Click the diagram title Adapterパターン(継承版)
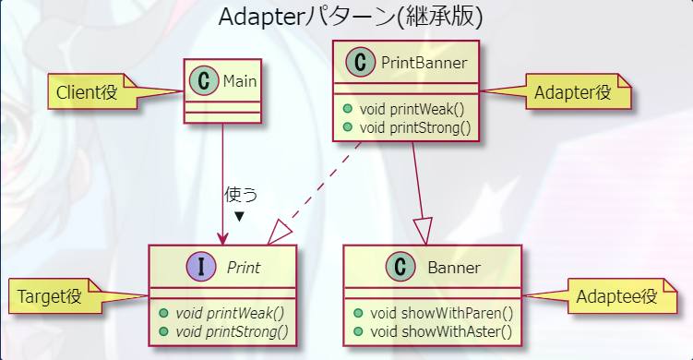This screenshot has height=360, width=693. coord(351,18)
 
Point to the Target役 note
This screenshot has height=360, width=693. coord(49,297)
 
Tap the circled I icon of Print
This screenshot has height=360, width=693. coord(201,268)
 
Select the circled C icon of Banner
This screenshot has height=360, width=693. coord(400,268)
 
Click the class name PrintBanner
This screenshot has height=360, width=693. coord(424,63)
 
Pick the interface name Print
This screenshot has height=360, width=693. coord(244,269)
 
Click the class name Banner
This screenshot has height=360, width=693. coord(454,269)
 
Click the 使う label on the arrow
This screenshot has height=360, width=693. coord(241,196)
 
